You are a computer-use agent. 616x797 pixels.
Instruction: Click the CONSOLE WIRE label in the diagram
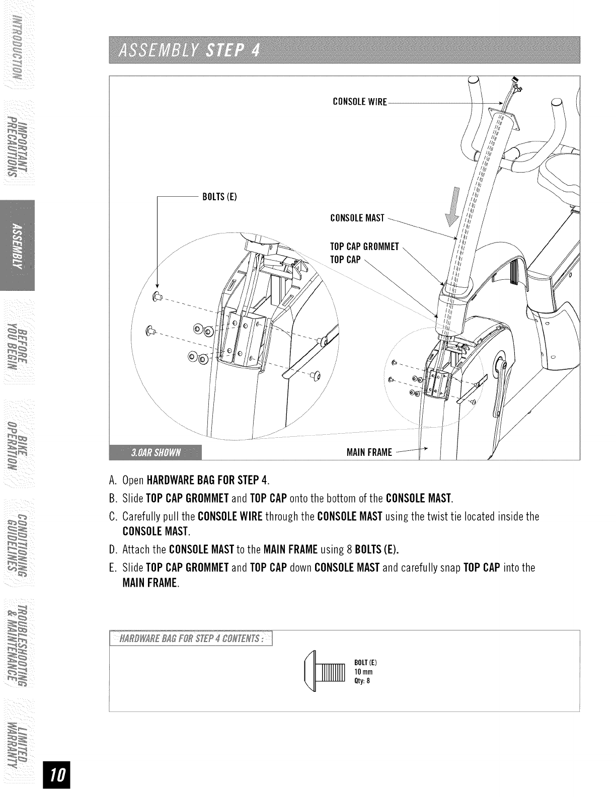pos(360,103)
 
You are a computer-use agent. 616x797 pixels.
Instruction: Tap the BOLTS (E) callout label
pos(219,196)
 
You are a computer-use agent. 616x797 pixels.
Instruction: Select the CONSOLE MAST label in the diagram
pos(357,218)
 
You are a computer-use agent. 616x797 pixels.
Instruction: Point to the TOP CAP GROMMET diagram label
pos(364,247)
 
